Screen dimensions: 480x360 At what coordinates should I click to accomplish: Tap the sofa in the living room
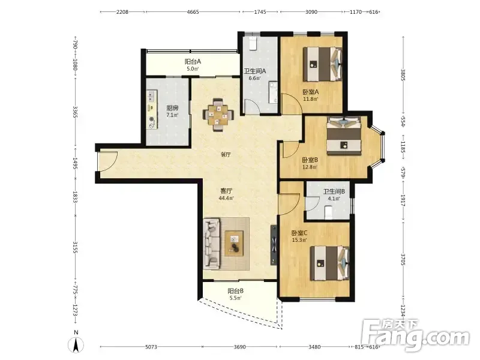coord(212,244)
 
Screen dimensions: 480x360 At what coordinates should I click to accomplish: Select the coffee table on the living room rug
coord(234,243)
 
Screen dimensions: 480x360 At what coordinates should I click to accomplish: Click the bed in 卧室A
coord(322,64)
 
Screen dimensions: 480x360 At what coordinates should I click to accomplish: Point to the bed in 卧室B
coord(343,136)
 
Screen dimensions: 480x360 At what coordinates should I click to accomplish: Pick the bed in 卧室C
coord(329,263)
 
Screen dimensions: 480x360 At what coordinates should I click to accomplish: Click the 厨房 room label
coord(172,108)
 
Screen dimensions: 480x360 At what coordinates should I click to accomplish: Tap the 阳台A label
coord(193,62)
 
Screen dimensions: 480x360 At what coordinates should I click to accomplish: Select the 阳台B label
coord(235,291)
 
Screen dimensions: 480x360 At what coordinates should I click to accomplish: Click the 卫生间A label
coord(254,71)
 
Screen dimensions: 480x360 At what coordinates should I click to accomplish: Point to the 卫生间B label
coord(334,191)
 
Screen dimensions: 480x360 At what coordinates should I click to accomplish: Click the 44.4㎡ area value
coord(226,198)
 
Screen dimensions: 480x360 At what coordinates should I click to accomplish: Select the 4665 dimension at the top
coord(193,12)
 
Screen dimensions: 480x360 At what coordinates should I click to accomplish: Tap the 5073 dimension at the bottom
coord(151,347)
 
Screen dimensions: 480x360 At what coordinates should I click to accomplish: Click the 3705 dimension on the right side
coord(403,260)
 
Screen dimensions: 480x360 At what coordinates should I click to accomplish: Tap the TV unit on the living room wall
coord(274,245)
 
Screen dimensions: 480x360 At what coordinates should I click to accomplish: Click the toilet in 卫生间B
coord(328,212)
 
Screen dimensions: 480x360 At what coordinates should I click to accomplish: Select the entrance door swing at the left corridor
coord(108,161)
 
